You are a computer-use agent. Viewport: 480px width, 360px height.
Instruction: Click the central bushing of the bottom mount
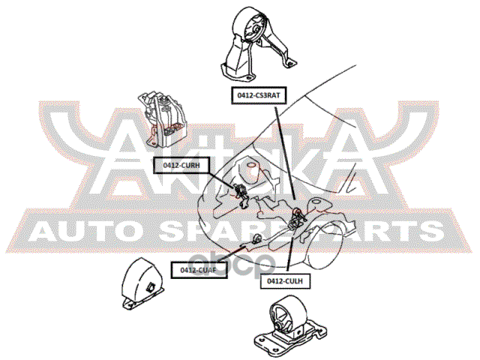(x=283, y=316)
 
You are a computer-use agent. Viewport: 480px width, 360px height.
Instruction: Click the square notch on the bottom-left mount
(x=151, y=285)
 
